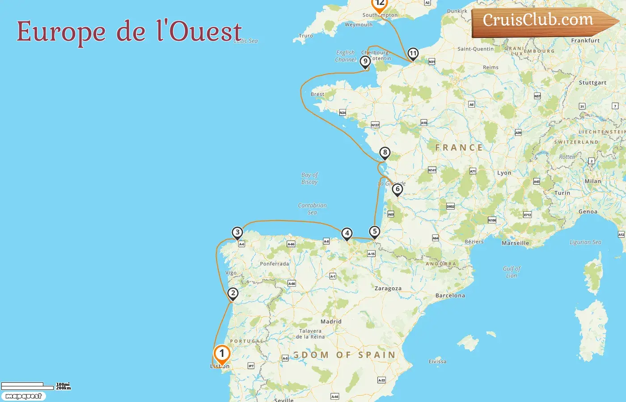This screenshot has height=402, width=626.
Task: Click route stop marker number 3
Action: tap(237, 232)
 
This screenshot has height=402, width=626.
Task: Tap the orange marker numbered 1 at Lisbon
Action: tap(222, 354)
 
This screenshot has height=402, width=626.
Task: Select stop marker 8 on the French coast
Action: tap(385, 153)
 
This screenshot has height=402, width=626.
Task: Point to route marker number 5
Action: tap(375, 232)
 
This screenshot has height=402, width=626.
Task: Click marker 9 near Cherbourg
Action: tap(365, 62)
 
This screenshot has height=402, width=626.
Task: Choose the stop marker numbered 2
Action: tap(233, 293)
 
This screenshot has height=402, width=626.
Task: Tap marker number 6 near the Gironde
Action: tap(397, 189)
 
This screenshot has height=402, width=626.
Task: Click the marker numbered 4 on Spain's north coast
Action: tap(347, 233)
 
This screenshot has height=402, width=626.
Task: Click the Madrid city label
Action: tap(331, 322)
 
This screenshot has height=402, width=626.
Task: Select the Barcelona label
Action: tap(450, 296)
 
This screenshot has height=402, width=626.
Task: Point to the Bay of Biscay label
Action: tap(309, 178)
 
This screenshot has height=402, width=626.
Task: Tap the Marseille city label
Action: tap(515, 243)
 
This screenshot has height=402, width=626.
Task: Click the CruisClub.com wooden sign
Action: tap(541, 21)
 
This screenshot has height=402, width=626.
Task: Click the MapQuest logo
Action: tap(23, 396)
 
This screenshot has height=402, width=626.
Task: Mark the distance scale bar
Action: tap(27, 386)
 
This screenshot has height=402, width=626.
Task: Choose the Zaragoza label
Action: tap(388, 289)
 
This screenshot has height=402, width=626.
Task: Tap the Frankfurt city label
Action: tap(585, 41)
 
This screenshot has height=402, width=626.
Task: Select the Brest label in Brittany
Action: tap(317, 94)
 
